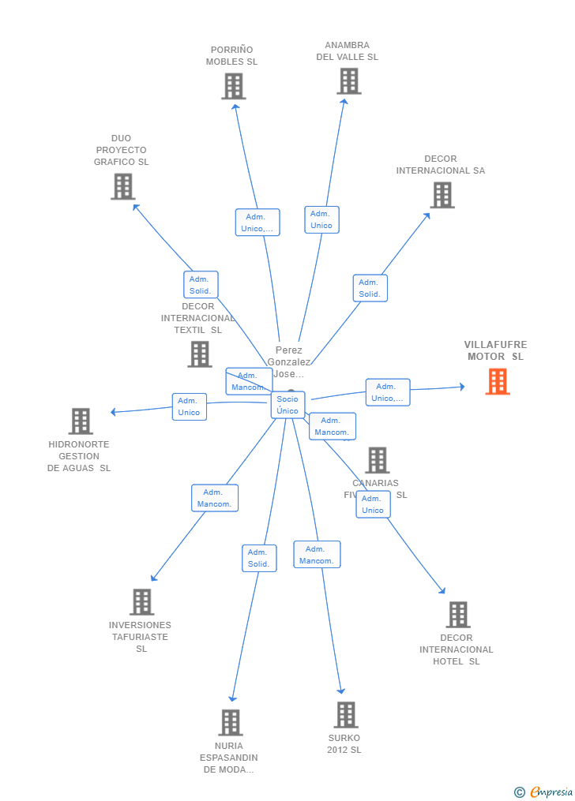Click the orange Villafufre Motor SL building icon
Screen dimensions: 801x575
point(497,382)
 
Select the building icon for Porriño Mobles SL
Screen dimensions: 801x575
point(233,86)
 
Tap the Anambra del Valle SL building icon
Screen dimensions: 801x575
point(348,81)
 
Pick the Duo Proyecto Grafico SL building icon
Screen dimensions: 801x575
point(122,186)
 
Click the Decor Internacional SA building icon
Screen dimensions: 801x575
point(442,195)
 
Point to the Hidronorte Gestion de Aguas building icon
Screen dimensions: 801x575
point(81,421)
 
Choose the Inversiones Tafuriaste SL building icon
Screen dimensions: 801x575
point(141,602)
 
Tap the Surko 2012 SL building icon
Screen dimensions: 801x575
point(345,715)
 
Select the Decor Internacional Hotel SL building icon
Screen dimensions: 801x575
point(457,615)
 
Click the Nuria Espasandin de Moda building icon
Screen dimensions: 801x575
point(230,722)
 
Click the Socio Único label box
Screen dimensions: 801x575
point(287,405)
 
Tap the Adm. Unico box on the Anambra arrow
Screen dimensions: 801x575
point(321,219)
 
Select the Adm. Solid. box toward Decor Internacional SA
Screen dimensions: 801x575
point(370,288)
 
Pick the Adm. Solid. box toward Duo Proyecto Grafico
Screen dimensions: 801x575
point(201,285)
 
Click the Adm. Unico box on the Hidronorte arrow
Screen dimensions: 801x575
point(189,406)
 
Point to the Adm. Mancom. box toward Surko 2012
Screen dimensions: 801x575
point(317,555)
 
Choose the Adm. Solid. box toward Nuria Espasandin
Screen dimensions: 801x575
point(259,558)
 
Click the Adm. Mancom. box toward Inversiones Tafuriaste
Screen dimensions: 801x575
point(214,498)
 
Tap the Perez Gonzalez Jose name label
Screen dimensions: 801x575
point(289,361)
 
